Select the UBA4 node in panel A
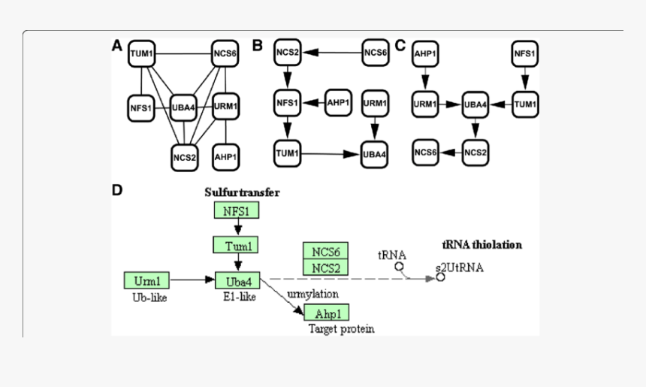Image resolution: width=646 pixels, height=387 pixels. point(183,107)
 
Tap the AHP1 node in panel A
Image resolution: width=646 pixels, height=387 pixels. point(226,157)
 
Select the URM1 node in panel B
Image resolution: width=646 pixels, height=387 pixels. point(375,102)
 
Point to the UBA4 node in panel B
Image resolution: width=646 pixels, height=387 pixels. point(375,154)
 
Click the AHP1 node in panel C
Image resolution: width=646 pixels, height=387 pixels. point(425,54)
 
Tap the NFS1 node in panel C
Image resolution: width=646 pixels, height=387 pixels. point(524,54)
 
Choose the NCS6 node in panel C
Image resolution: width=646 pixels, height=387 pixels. point(425,153)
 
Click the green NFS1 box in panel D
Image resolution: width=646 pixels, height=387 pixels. point(237,210)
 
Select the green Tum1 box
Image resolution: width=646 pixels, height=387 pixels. point(237,245)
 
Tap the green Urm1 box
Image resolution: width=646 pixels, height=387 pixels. point(146,280)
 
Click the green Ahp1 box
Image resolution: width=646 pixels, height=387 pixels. point(327,313)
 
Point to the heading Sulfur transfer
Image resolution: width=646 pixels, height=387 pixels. point(242,192)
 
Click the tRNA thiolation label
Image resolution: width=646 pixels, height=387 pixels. point(481,245)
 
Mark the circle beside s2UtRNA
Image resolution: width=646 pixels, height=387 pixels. point(440,277)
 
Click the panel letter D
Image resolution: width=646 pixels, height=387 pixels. point(117,190)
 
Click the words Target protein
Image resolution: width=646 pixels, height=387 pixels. point(341,328)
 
